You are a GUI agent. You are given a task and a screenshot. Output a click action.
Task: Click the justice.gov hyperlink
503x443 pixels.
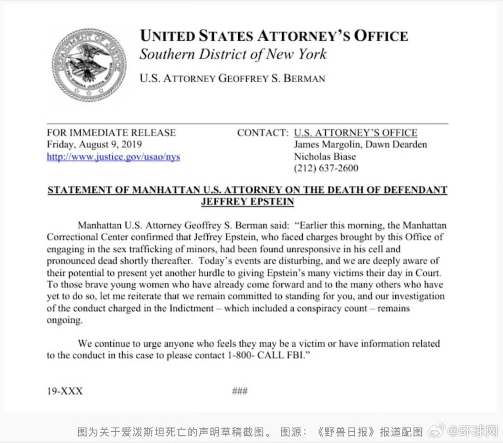pyautogui.click(x=113, y=156)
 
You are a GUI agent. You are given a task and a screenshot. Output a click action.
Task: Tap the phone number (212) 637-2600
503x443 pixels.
pyautogui.click(x=326, y=168)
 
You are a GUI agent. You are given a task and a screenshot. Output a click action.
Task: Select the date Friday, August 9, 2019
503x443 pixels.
pyautogui.click(x=94, y=144)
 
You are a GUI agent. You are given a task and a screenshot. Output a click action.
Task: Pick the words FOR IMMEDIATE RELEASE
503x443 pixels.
pyautogui.click(x=111, y=132)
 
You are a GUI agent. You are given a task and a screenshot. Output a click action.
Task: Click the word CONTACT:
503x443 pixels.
pyautogui.click(x=263, y=132)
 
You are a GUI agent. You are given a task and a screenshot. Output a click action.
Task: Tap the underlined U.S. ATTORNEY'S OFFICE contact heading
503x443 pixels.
pyautogui.click(x=356, y=132)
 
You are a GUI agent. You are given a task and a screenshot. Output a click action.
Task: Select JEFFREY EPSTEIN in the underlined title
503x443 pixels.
pyautogui.click(x=248, y=201)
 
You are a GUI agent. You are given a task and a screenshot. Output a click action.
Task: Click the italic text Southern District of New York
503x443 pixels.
pyautogui.click(x=233, y=54)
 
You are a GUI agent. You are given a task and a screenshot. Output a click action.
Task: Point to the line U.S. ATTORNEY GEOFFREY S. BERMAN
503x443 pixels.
pyautogui.click(x=232, y=78)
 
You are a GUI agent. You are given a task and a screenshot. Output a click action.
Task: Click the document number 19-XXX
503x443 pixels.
pyautogui.click(x=64, y=391)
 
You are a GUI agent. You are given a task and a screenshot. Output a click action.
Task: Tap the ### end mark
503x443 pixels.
pyautogui.click(x=240, y=391)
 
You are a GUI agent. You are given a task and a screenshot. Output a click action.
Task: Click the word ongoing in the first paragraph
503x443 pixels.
pyautogui.click(x=64, y=320)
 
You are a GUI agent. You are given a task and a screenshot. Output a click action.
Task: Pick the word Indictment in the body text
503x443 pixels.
pyautogui.click(x=191, y=308)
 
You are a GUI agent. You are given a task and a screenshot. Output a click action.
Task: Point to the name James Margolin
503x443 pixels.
pyautogui.click(x=327, y=144)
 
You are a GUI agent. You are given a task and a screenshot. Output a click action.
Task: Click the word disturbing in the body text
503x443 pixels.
pyautogui.click(x=286, y=261)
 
